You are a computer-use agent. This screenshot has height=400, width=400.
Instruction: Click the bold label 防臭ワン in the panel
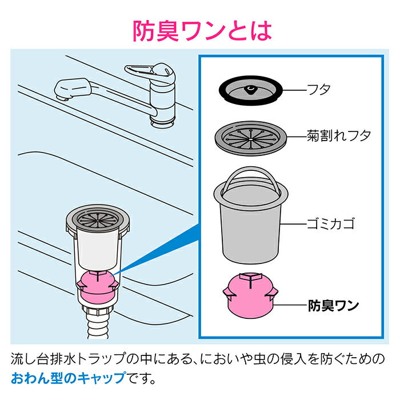[x=333, y=305]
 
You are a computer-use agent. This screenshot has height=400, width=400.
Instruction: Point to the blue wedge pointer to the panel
[x=160, y=251]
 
